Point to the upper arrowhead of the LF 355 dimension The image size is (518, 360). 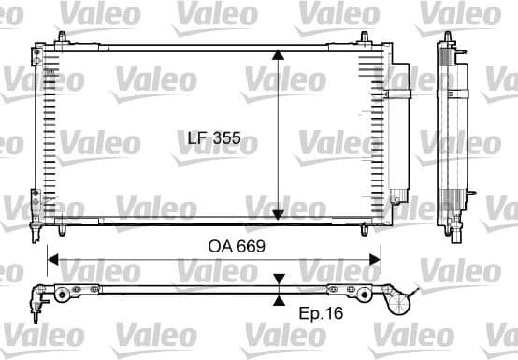[x=278, y=55]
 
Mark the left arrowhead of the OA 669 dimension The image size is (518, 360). [x=53, y=259]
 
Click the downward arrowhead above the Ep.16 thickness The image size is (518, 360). [x=279, y=280]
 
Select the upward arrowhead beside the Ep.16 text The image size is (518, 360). [x=279, y=300]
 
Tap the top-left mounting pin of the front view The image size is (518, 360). [x=61, y=37]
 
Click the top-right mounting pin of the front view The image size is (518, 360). [x=366, y=37]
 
